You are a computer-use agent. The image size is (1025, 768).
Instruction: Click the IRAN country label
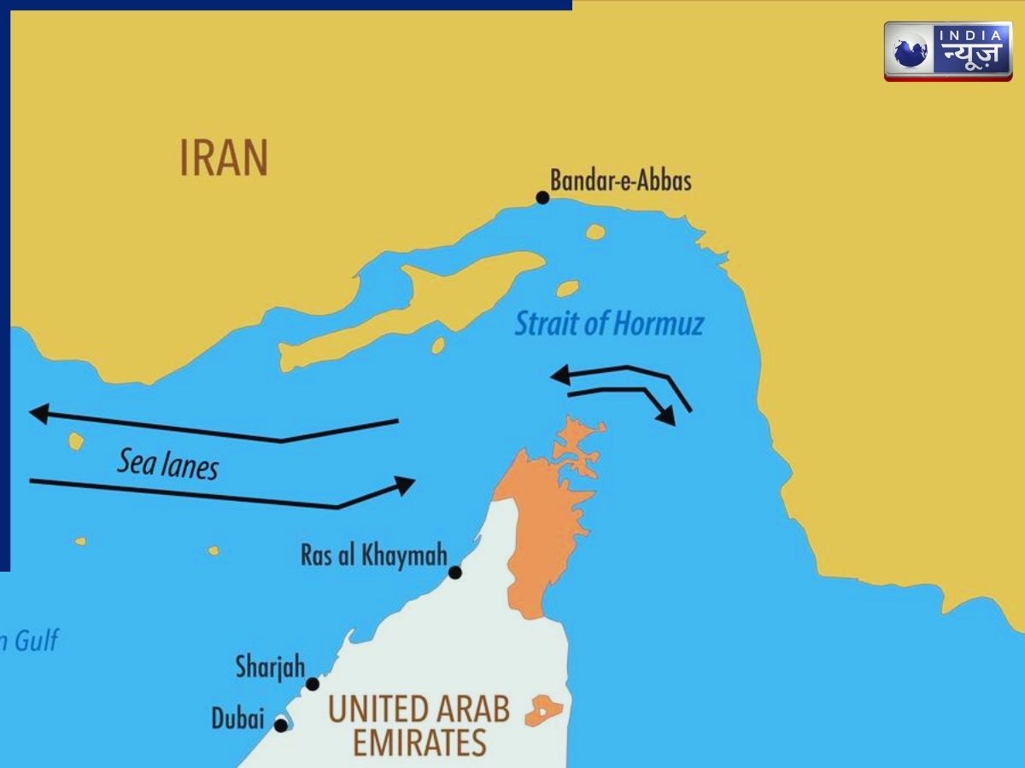click(224, 159)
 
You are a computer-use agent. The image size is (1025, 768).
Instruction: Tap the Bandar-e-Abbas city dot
click(542, 198)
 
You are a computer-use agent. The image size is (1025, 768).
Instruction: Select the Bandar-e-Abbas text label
click(620, 180)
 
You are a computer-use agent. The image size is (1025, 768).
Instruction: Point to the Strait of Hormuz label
click(609, 324)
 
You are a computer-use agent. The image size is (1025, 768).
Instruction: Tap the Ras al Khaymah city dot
click(455, 573)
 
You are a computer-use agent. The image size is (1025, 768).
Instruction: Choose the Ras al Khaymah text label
click(374, 556)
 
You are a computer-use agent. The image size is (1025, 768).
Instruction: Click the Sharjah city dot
click(313, 684)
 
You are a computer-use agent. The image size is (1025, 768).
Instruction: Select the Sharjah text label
click(270, 666)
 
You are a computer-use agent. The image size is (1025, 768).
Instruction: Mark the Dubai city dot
click(280, 725)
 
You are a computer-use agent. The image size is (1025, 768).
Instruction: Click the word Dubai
click(237, 719)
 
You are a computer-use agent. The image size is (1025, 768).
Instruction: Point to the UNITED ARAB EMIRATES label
click(419, 725)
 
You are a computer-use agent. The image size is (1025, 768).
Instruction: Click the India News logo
click(947, 51)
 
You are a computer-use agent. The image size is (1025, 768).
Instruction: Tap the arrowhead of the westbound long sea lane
click(38, 414)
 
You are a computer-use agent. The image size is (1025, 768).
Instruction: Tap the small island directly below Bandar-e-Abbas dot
click(595, 231)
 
